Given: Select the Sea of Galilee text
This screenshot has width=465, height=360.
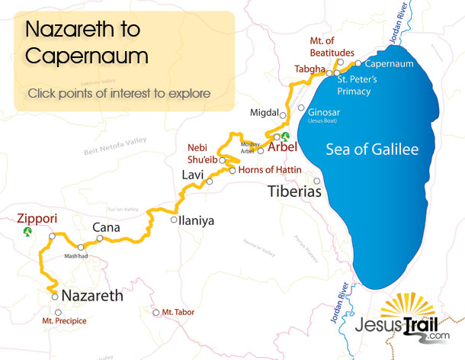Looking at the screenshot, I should pyautogui.click(x=372, y=149).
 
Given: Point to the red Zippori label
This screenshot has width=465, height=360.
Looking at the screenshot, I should pyautogui.click(x=37, y=217).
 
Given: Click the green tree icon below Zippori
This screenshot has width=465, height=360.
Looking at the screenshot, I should pyautogui.click(x=28, y=230).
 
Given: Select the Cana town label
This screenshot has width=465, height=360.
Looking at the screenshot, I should pyautogui.click(x=105, y=227).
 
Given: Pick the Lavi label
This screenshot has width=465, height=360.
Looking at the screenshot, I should pyautogui.click(x=193, y=175).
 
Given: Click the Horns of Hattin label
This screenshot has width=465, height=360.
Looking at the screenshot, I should pyautogui.click(x=270, y=169).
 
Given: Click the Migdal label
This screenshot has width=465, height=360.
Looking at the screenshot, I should pyautogui.click(x=264, y=113).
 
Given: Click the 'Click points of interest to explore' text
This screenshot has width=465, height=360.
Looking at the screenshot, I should pyautogui.click(x=119, y=94).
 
